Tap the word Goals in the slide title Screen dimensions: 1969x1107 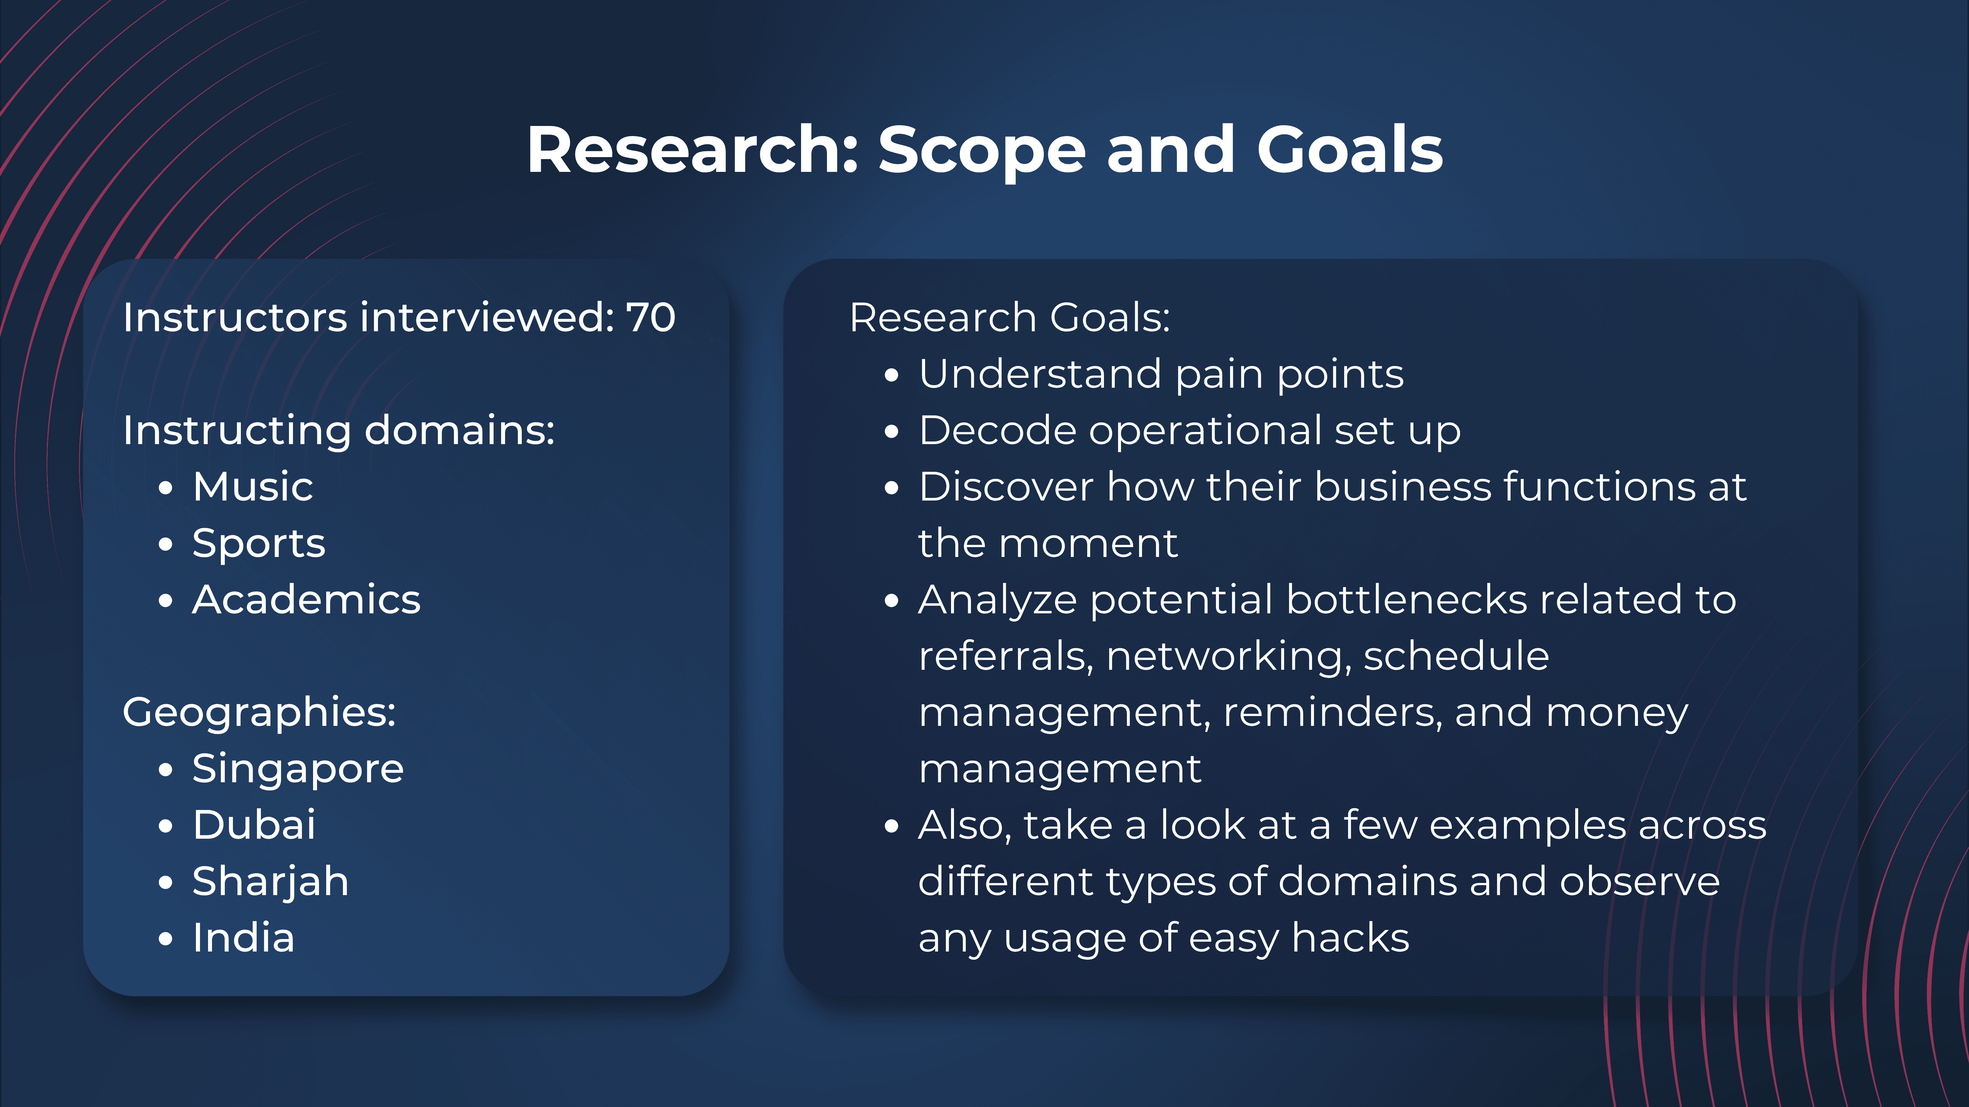pos(1350,150)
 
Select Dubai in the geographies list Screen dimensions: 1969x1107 pos(254,825)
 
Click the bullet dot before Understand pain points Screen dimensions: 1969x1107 pos(891,376)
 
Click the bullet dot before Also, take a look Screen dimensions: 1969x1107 pos(891,827)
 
